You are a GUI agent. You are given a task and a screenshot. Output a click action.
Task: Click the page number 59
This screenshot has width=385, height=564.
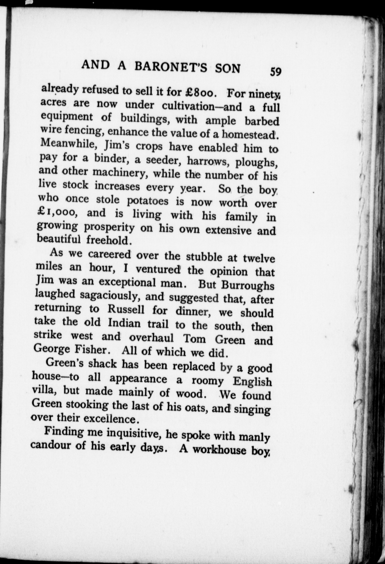coord(275,72)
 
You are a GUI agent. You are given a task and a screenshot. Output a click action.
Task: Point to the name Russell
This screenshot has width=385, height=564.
coord(126,310)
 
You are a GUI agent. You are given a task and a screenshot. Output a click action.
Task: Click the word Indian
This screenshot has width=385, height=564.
coord(124,323)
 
